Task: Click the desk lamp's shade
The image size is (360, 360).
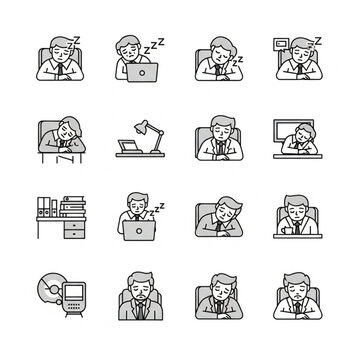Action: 141,127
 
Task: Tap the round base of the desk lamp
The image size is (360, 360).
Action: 156,152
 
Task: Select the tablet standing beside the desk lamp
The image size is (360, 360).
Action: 129,147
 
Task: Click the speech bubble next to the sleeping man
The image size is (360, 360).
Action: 280,44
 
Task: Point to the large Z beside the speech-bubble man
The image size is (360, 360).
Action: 318,41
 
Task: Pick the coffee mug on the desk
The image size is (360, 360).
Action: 287,230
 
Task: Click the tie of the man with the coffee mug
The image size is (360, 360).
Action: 297,228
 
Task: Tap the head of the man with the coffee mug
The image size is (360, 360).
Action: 297,208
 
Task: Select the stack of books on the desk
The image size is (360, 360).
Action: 73,206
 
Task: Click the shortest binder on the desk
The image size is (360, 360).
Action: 54,208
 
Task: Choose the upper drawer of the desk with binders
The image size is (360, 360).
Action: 74,225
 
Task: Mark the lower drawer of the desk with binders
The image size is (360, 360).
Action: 74,234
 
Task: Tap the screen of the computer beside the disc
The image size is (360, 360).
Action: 74,292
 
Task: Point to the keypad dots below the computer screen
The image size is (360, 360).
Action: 74,305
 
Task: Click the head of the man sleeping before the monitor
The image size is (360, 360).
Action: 304,133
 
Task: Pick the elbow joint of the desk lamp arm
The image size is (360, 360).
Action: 161,133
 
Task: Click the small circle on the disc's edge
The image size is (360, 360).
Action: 59,302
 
